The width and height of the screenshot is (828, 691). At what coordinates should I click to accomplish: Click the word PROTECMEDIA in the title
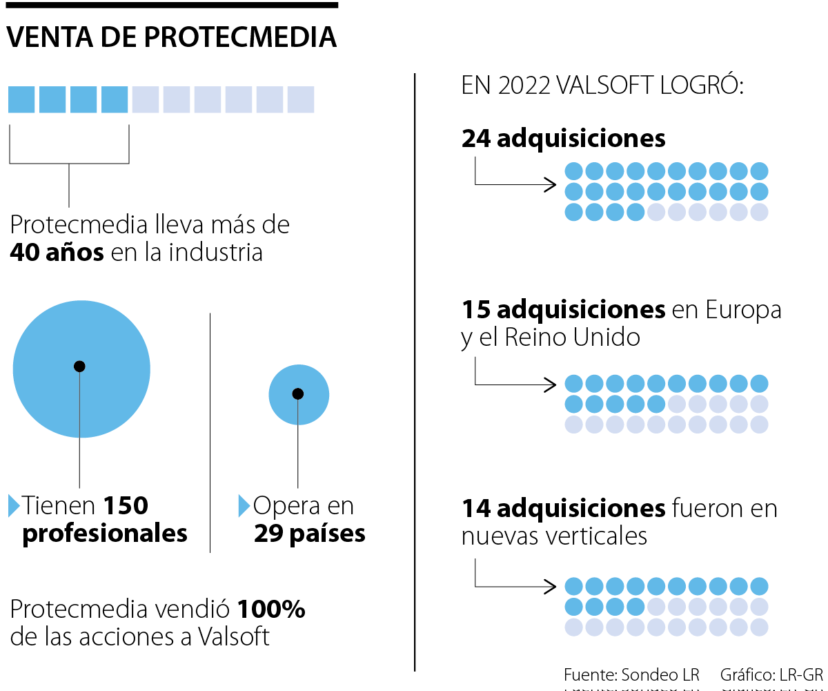(241, 37)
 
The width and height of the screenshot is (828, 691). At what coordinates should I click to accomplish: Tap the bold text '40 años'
(57, 253)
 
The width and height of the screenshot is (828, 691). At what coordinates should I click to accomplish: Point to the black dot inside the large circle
(79, 366)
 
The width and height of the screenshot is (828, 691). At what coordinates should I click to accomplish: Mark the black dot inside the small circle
(297, 393)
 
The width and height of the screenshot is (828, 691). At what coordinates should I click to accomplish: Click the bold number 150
(126, 506)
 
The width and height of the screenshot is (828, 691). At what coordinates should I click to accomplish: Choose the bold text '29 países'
(309, 534)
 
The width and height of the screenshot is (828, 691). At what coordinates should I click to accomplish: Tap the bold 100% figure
(271, 610)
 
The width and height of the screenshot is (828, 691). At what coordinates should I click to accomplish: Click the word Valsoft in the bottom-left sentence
(234, 636)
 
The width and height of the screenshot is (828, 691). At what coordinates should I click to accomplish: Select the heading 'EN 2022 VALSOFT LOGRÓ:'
(602, 86)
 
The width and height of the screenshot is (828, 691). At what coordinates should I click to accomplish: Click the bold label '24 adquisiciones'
(563, 139)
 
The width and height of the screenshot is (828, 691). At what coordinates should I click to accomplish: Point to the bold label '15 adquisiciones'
(563, 310)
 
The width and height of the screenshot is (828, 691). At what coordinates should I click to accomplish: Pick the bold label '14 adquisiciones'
(563, 509)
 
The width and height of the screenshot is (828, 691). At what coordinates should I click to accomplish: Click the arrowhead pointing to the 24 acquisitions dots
(551, 184)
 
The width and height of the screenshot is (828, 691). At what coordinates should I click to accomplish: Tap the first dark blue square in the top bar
(21, 99)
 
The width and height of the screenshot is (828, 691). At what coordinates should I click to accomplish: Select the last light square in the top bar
(301, 99)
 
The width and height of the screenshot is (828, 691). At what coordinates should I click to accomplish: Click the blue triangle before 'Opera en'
(244, 505)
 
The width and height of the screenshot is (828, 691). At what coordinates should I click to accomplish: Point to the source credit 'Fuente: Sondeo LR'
(631, 674)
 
